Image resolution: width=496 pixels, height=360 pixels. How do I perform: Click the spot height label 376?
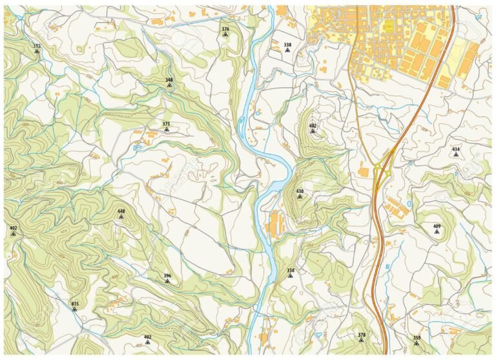point(225,29)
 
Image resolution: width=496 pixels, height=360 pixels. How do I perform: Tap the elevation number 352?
point(37,46)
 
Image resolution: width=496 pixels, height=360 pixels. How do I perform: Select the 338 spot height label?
point(287,45)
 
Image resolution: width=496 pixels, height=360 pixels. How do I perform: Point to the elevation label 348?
point(169,80)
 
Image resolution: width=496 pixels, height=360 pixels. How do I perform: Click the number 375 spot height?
point(166,123)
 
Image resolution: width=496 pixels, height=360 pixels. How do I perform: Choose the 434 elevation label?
point(456,149)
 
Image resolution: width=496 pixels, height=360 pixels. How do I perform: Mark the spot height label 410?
point(300,191)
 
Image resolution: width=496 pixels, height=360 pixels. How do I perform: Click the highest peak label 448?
point(121,211)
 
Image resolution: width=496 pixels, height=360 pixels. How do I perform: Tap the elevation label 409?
point(437,226)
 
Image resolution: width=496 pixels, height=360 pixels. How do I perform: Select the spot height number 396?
point(167,276)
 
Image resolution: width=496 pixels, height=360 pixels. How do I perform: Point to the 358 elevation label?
point(291,270)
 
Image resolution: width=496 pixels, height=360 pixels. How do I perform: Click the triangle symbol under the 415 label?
point(75,309)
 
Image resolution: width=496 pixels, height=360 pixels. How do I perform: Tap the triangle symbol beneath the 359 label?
point(417,343)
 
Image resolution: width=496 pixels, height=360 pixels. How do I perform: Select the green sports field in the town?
point(388,25)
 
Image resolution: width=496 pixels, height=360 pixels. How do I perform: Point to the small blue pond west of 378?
point(318,334)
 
